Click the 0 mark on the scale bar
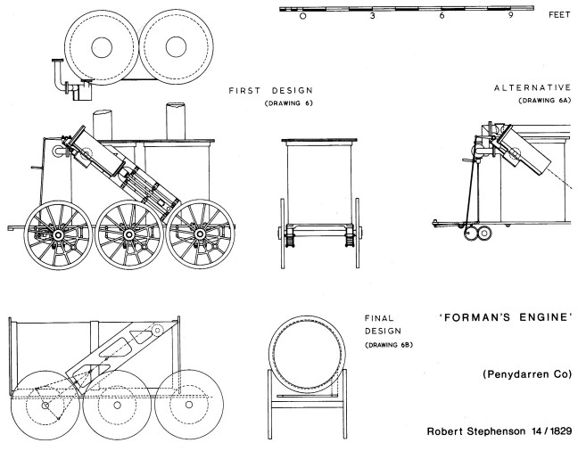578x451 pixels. click(x=303, y=16)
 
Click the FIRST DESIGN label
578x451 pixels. click(x=270, y=90)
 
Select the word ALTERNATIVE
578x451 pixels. click(x=532, y=87)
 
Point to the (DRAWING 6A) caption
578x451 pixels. click(x=544, y=101)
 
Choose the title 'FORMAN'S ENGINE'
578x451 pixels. click(x=504, y=318)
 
